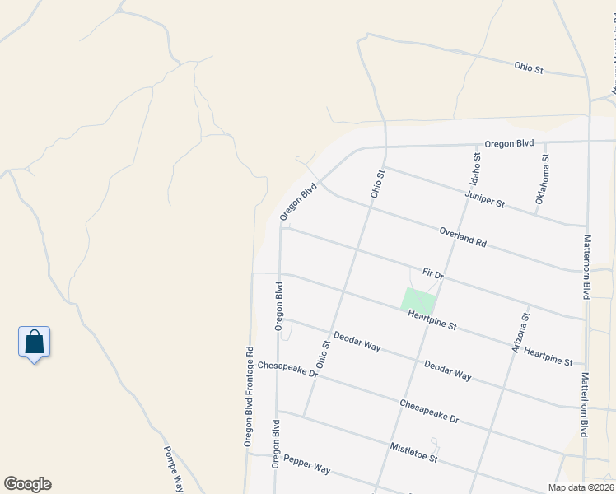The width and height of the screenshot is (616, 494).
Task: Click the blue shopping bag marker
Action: tap(34, 342)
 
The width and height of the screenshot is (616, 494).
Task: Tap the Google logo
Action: tap(27, 484)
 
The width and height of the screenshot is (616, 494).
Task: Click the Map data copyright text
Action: tap(581, 487)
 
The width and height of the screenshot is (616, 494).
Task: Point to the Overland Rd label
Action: tap(463, 238)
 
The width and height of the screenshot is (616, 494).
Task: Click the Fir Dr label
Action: tap(432, 272)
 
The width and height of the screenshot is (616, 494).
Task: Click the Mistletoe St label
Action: tap(413, 451)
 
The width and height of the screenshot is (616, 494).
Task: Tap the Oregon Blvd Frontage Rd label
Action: tap(248, 397)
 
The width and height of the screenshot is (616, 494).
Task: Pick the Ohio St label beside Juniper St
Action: tap(377, 184)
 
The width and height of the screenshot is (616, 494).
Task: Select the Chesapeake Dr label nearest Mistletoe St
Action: tap(428, 411)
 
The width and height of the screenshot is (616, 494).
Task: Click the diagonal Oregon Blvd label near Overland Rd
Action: tap(298, 202)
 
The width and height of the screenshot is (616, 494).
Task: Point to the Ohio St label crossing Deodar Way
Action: tap(322, 353)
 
